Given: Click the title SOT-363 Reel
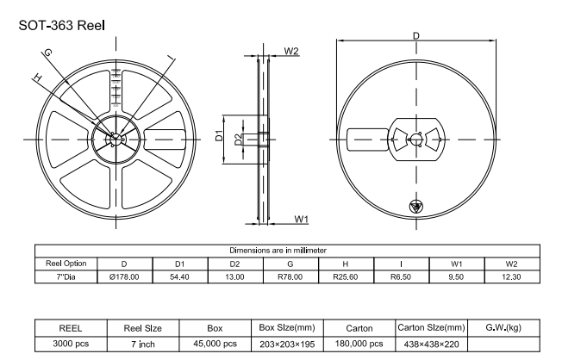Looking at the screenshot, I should (x=62, y=25).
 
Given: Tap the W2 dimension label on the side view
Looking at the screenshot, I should (x=290, y=51).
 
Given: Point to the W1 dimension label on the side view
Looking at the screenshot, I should (x=302, y=220).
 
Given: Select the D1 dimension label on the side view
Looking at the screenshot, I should (x=220, y=135).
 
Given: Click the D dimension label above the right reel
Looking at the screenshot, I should (x=416, y=36).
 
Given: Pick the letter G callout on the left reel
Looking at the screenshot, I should (x=48, y=53).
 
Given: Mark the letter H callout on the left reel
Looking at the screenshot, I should (x=36, y=78).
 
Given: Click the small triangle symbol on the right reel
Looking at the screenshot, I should (x=415, y=207).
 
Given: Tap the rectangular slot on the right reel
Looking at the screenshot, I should (x=367, y=138).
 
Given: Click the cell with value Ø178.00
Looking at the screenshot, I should (x=124, y=277).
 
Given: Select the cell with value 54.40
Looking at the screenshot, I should (x=179, y=277).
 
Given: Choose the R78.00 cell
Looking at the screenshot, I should (x=290, y=277).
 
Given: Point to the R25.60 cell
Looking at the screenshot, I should (x=345, y=277).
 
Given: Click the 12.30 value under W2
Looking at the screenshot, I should (x=511, y=277).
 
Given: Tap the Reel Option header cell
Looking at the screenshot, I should (x=66, y=264).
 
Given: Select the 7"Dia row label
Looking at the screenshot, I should (x=66, y=277).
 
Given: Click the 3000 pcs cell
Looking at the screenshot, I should (x=70, y=344).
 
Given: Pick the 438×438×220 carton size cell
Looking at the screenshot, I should (x=431, y=344).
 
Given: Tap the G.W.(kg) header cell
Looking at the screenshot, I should (x=503, y=327).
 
